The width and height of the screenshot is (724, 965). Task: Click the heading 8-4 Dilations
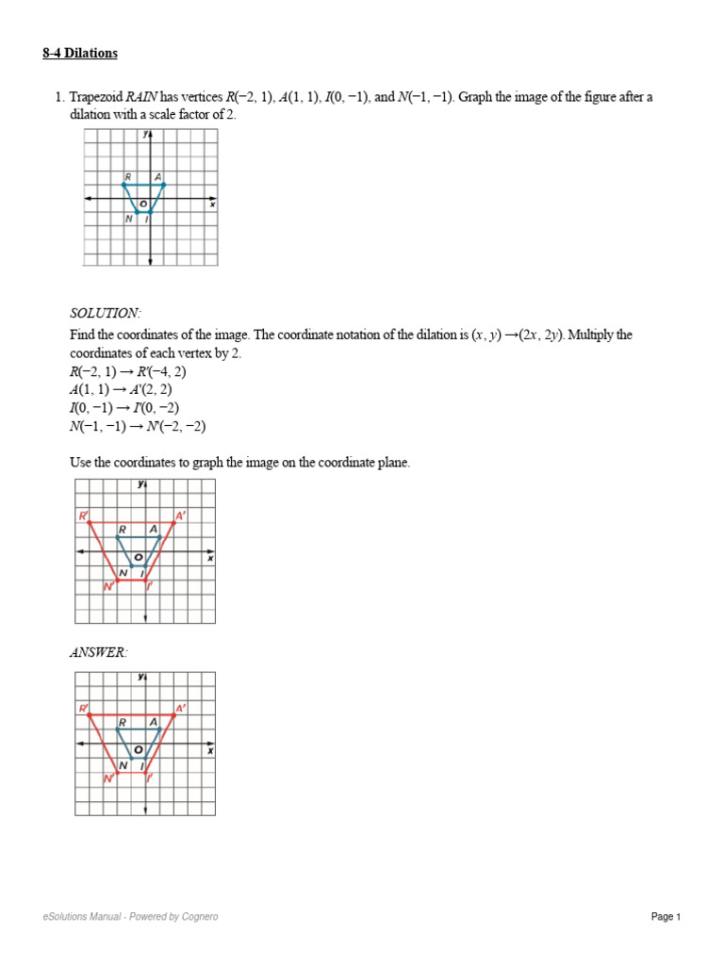80,54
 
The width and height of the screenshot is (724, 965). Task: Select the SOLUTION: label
105,313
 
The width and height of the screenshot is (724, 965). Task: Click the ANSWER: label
98,652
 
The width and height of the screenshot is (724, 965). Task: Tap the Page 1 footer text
665,917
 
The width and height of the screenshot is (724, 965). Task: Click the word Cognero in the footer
199,917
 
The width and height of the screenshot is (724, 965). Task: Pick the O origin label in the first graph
143,204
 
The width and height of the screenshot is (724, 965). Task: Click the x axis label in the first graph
212,204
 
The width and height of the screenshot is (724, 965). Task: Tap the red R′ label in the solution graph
83,515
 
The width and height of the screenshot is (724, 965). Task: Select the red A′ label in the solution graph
181,515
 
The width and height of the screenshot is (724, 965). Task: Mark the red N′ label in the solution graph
108,587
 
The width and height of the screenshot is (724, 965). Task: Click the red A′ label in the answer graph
181,708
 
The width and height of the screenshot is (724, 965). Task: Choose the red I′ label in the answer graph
150,779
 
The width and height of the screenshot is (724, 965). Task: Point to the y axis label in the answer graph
140,677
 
